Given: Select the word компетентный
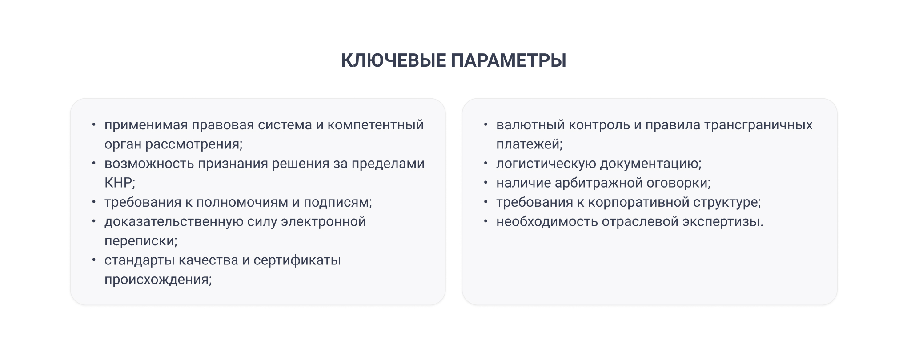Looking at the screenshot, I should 376,125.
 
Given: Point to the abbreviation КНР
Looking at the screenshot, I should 119,183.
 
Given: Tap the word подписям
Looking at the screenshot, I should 337,203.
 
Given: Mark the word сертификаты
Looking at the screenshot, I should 297,260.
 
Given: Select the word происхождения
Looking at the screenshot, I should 158,280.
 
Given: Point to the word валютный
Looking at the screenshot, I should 526,125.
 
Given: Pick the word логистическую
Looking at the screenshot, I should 546,164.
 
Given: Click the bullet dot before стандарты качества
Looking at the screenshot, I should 94,259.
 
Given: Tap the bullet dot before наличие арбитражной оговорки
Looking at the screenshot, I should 486,182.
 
